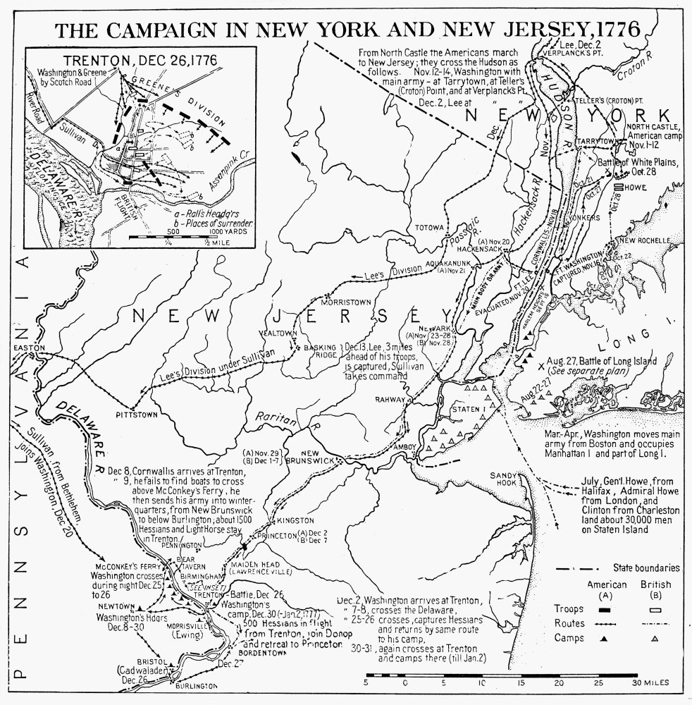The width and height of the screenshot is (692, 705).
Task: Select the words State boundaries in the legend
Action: pyautogui.click(x=645, y=567)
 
